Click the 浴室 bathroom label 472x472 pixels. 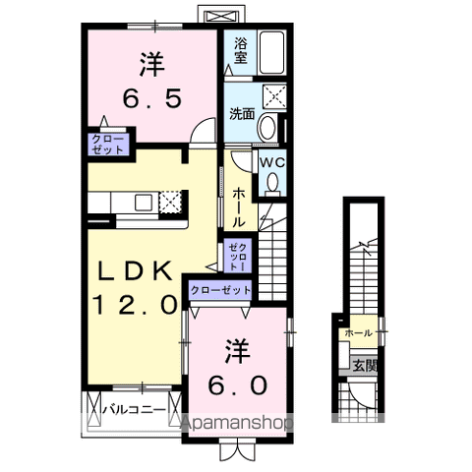pyautogui.click(x=241, y=50)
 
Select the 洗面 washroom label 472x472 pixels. pyautogui.click(x=241, y=112)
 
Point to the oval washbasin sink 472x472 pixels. pyautogui.click(x=267, y=128)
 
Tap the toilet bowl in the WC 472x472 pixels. pyautogui.click(x=271, y=182)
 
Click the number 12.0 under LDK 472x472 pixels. pyautogui.click(x=136, y=305)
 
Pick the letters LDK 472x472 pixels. pyautogui.click(x=136, y=270)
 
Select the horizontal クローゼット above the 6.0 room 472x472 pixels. pyautogui.click(x=219, y=291)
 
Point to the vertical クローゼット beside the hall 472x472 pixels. pyautogui.click(x=237, y=255)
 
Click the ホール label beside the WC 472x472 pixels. pyautogui.click(x=240, y=208)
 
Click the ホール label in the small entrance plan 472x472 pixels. pyautogui.click(x=357, y=334)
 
